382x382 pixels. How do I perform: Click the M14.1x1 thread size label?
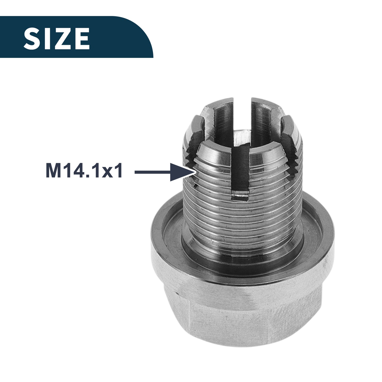pos(84,171)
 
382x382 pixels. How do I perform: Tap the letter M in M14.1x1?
pos(53,171)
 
